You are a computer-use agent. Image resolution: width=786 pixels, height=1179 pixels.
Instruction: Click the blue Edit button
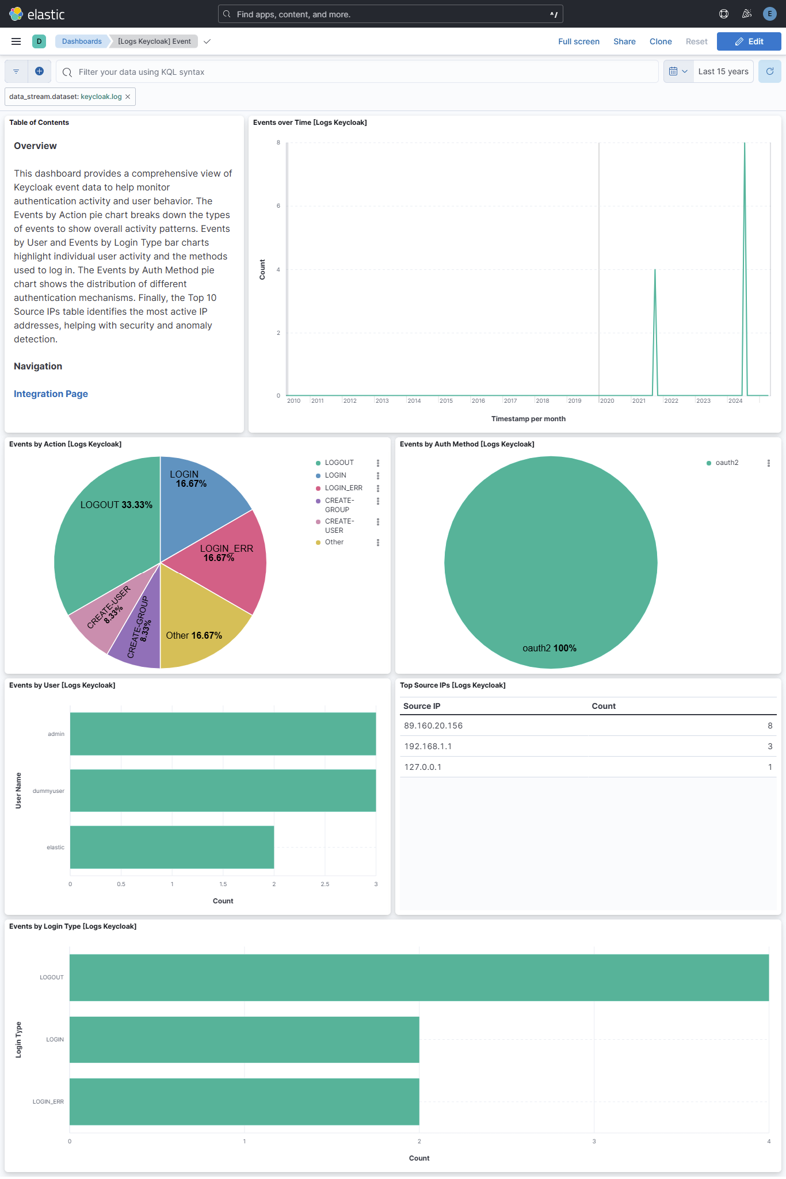(x=749, y=41)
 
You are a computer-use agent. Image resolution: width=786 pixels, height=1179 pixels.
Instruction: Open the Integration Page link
(x=51, y=394)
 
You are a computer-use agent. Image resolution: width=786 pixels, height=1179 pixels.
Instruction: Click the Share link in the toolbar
(x=624, y=41)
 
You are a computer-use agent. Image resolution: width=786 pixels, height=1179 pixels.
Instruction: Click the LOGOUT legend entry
(x=339, y=463)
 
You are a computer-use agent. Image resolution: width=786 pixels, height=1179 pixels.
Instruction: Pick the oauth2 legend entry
(x=726, y=463)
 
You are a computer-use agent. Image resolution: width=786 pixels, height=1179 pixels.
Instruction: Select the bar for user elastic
(x=171, y=847)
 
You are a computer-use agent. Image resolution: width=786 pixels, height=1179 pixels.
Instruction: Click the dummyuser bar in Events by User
(x=223, y=791)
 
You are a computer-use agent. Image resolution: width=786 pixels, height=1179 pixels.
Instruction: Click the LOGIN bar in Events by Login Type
(x=244, y=1039)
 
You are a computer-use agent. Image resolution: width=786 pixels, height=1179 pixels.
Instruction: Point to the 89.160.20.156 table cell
(x=433, y=726)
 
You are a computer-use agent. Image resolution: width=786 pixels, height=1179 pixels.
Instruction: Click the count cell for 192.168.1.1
(x=769, y=746)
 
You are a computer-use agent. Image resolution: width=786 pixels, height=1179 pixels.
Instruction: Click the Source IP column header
(x=422, y=706)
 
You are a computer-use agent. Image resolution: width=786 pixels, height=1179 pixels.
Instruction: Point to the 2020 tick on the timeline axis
(x=607, y=400)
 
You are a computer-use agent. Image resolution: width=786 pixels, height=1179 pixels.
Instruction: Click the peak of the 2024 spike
(x=745, y=144)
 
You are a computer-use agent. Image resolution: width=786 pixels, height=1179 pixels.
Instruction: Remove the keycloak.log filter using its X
(x=128, y=97)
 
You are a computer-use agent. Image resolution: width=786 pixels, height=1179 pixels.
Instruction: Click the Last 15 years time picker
(x=723, y=71)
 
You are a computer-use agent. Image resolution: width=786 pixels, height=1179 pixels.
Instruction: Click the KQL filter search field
(x=357, y=72)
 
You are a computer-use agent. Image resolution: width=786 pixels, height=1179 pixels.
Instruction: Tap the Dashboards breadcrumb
(x=82, y=41)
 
